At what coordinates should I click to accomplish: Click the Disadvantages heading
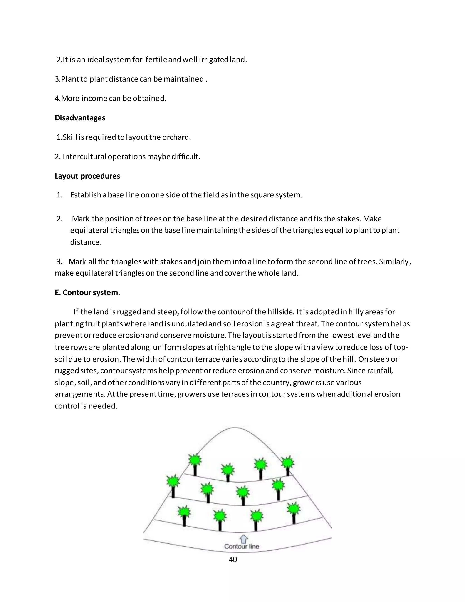tap(80, 118)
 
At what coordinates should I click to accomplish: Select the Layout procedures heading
tap(87, 176)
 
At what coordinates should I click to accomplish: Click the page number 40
tap(233, 559)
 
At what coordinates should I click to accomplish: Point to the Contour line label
tap(242, 546)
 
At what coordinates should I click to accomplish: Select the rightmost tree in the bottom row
tap(293, 512)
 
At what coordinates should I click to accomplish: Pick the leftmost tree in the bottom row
tap(184, 515)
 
